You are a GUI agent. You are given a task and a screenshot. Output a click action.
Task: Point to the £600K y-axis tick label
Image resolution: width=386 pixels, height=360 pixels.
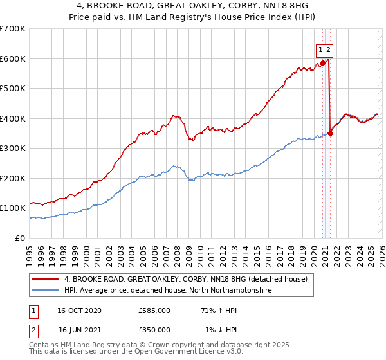[x=13, y=59]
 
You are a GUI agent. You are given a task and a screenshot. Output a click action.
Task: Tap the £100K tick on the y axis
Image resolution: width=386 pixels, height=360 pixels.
[x=13, y=208]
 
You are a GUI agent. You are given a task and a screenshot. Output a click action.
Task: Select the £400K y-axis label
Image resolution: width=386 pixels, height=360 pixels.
[x=13, y=118]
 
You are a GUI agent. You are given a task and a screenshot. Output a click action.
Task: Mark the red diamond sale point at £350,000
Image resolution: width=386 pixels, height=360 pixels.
[x=330, y=133]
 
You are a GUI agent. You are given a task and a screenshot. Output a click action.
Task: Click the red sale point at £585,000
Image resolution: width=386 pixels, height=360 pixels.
[x=322, y=63]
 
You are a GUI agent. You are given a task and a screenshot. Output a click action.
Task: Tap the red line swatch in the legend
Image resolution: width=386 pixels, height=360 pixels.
[x=46, y=279]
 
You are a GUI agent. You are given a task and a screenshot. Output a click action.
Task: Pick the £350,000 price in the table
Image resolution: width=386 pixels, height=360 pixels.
[x=154, y=329]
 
